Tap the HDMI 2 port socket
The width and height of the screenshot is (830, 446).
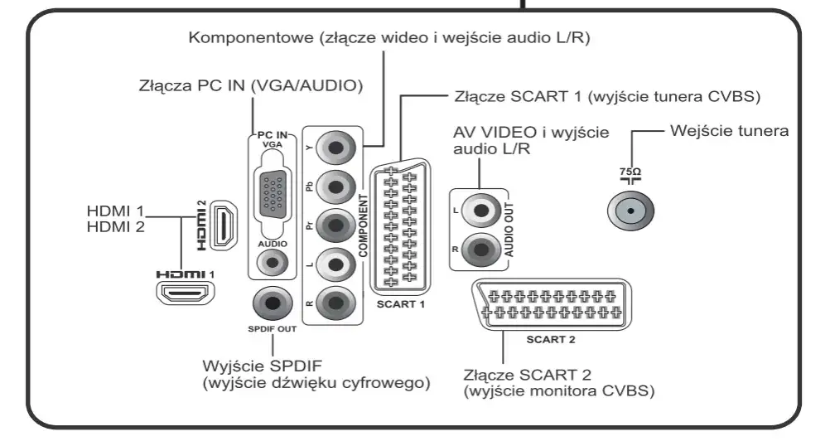tap(222, 226)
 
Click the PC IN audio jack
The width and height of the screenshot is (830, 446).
tap(270, 263)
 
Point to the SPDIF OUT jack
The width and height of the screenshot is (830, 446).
tap(271, 305)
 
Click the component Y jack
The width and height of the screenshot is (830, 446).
tap(335, 150)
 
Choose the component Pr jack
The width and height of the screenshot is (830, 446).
tap(335, 225)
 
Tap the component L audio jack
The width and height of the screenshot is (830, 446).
tap(335, 265)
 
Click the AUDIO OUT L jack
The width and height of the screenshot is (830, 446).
tap(478, 211)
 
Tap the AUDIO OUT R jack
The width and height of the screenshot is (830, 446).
tap(478, 248)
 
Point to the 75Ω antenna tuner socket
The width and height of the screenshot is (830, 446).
tap(631, 211)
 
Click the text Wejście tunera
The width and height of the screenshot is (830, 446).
tap(728, 130)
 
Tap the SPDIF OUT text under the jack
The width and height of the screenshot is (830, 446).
tap(271, 328)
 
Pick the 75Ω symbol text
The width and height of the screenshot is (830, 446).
tap(631, 169)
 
